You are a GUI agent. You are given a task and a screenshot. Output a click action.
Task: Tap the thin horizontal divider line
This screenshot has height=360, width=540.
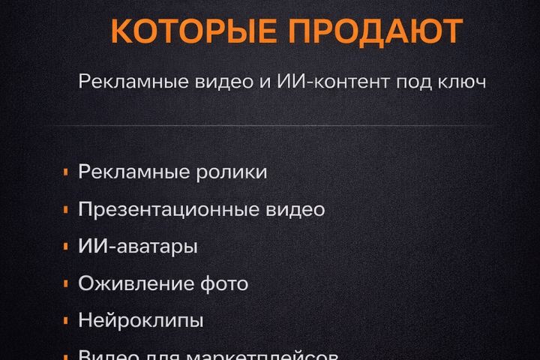[270, 125]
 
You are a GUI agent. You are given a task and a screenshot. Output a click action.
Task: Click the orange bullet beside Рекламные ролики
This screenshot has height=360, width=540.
[67, 172]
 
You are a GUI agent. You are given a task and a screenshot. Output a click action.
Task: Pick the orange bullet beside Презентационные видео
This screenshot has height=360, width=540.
[67, 209]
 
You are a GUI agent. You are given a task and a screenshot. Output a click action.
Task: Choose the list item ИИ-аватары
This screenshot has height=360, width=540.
[138, 246]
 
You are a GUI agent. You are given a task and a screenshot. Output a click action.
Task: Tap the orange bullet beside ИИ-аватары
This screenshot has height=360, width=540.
[67, 247]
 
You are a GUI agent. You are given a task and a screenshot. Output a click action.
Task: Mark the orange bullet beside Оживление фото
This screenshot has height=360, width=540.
[67, 283]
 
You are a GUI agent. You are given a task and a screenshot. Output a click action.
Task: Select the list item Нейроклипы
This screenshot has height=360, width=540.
[141, 321]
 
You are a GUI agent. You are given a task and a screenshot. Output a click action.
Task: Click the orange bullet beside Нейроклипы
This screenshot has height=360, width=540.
[67, 321]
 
